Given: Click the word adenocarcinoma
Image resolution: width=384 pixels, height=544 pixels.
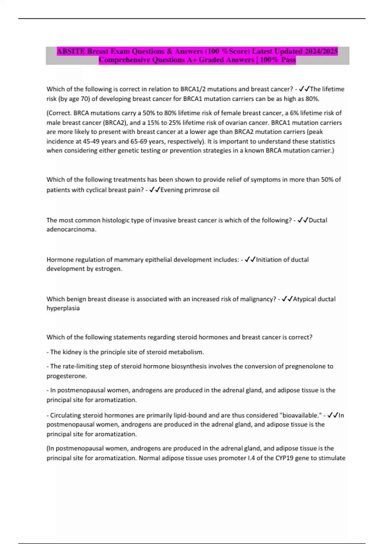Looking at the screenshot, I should pyautogui.click(x=71, y=229).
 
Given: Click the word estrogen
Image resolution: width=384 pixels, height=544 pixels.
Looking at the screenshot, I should pyautogui.click(x=108, y=269).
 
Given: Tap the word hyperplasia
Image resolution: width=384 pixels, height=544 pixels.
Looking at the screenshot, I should pyautogui.click(x=63, y=308).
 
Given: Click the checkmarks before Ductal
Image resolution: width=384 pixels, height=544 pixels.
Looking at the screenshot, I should pyautogui.click(x=303, y=220).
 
